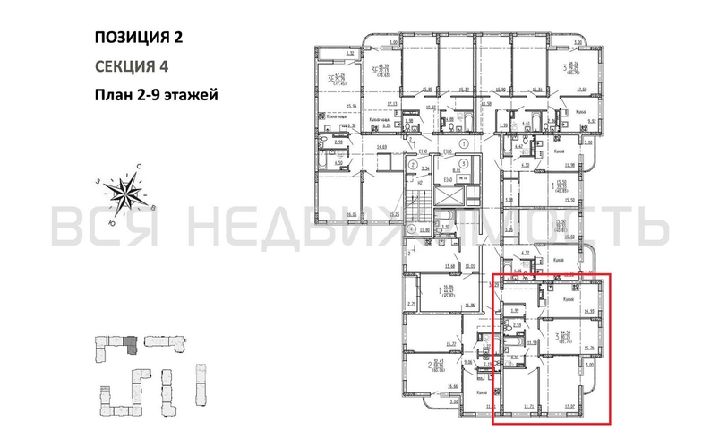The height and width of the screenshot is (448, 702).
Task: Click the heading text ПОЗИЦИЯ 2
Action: click(142, 38)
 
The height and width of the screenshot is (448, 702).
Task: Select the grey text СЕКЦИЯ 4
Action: click(131, 65)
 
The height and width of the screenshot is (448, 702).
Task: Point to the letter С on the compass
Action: click(139, 167)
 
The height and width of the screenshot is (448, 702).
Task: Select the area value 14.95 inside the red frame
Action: click(588, 313)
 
